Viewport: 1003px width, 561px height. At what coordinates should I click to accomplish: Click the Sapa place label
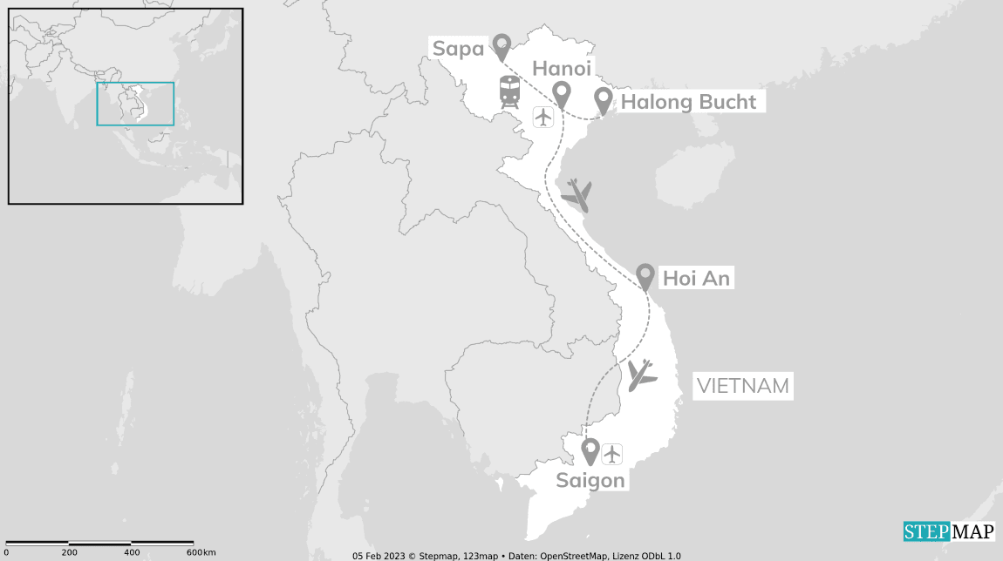point(458,49)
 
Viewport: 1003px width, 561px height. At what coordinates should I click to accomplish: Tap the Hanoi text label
point(562,69)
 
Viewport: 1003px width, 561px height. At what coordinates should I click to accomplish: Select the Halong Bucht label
point(688,102)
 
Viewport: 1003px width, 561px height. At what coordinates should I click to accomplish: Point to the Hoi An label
point(696,279)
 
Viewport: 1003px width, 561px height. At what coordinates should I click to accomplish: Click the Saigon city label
point(590,480)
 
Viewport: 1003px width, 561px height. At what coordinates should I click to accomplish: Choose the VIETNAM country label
point(742,386)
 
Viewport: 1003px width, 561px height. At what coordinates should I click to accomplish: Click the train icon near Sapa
point(509,91)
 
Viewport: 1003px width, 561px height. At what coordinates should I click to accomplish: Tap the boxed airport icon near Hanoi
point(543,116)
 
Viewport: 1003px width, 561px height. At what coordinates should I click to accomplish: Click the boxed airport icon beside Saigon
point(612,453)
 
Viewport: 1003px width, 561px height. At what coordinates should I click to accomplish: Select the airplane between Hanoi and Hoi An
point(577,194)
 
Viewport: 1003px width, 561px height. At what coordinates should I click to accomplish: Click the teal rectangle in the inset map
point(135,104)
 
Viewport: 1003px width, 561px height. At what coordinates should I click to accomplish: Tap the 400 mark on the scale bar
point(132,552)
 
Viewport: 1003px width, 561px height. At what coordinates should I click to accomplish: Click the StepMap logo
point(948,531)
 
